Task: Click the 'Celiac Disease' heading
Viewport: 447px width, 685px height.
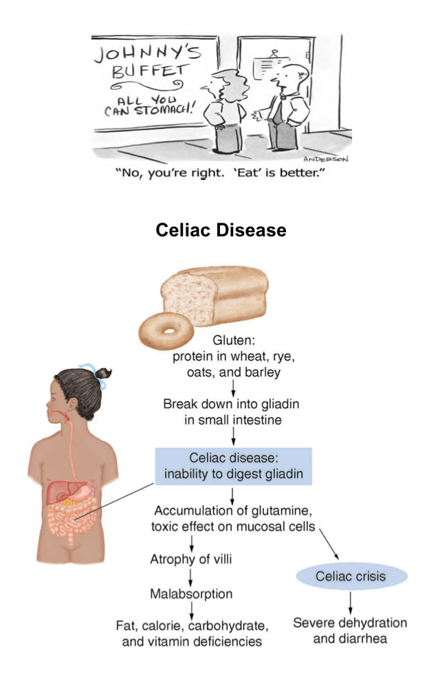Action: pos(221,229)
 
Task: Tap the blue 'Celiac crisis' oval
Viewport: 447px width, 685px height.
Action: pos(351,576)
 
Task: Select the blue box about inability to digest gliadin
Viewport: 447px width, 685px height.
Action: pos(233,466)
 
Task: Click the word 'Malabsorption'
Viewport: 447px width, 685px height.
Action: pos(191,593)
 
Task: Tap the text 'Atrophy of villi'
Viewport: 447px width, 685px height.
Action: pos(190,559)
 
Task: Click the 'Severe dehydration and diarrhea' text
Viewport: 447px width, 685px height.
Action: pos(350,631)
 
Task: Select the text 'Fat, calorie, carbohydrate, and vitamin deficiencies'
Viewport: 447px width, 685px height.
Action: pos(191,633)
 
